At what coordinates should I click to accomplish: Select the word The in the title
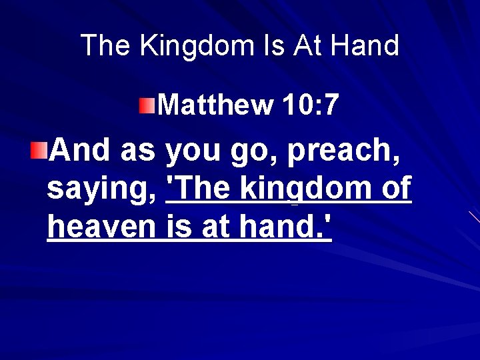tap(106, 45)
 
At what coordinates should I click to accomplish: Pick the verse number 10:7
tap(311, 105)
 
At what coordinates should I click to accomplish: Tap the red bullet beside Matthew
tap(147, 105)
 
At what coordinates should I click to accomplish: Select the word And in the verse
tap(79, 150)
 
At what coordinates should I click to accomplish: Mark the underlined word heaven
tap(101, 227)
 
